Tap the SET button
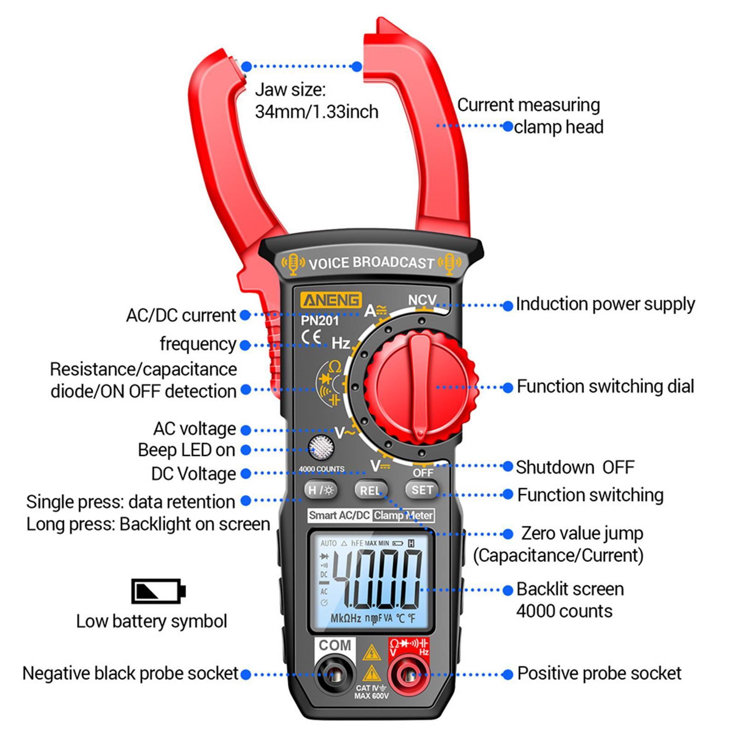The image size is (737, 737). pyautogui.click(x=421, y=490)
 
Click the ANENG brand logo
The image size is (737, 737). pyautogui.click(x=331, y=300)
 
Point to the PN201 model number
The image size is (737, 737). pyautogui.click(x=320, y=321)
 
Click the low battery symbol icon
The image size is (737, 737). pyautogui.click(x=158, y=591)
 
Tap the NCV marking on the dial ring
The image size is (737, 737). pyautogui.click(x=421, y=300)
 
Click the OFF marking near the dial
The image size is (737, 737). pyautogui.click(x=422, y=473)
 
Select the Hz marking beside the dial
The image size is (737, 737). pyautogui.click(x=341, y=343)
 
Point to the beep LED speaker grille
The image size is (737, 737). pyautogui.click(x=321, y=446)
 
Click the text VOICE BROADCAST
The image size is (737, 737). pyautogui.click(x=371, y=263)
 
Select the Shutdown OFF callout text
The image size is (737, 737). pyautogui.click(x=574, y=467)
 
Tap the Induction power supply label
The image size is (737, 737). pyautogui.click(x=605, y=304)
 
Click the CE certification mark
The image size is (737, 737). pyautogui.click(x=311, y=336)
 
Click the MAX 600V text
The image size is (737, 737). pyautogui.click(x=371, y=696)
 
